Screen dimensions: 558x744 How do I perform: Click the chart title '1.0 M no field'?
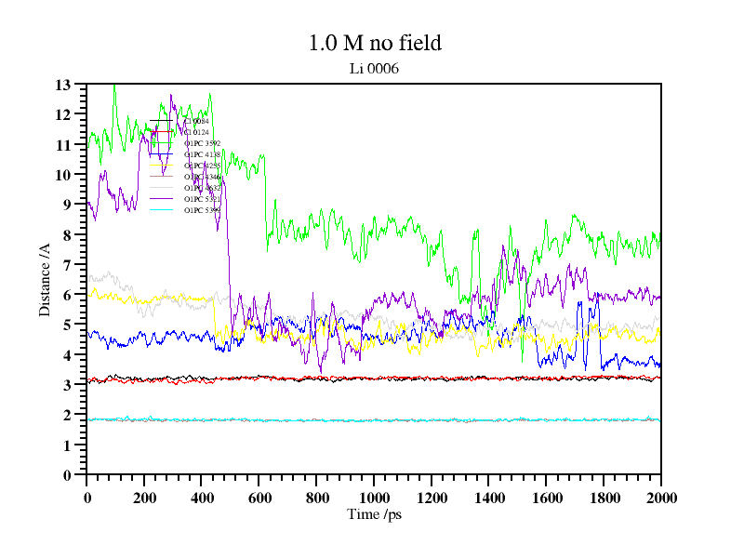375,43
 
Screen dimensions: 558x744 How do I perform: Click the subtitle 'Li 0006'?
374,68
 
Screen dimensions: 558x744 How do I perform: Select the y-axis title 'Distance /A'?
45,279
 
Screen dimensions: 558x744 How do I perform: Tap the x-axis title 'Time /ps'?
373,514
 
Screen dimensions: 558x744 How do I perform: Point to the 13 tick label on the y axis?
63,85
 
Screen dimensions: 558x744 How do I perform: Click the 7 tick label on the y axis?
67,265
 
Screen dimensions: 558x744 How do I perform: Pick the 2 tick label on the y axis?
67,415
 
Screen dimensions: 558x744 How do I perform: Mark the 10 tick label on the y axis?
63,175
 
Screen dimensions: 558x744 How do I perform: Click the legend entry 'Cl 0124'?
195,132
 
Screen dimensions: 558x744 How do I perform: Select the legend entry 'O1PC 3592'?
202,143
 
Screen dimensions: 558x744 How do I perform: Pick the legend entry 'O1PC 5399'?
202,210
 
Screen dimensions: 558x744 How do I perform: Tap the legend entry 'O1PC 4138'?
202,154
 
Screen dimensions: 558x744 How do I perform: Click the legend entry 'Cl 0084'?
196,121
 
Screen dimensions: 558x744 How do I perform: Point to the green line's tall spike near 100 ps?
114,88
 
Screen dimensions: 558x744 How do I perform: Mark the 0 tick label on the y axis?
67,475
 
